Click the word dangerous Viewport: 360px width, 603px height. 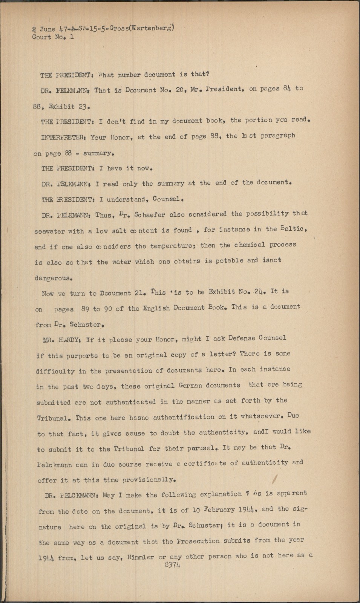52,279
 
